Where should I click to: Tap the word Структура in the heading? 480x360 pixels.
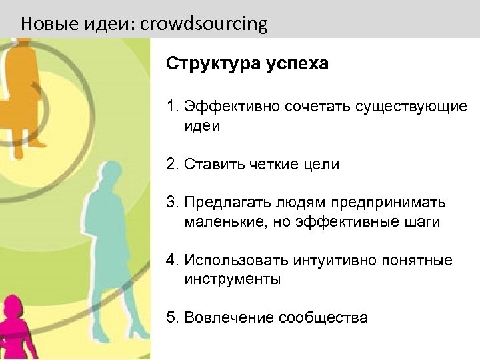pos(207,64)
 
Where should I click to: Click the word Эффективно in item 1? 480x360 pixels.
pos(233,107)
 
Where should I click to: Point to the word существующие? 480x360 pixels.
pos(411,107)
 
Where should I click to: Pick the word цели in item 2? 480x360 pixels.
pos(322,164)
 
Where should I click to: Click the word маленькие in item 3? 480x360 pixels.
pos(226,221)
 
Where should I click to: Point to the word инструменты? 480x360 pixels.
pos(233,279)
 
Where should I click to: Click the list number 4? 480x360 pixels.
pos(171,260)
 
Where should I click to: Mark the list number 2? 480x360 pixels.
pos(171,164)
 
